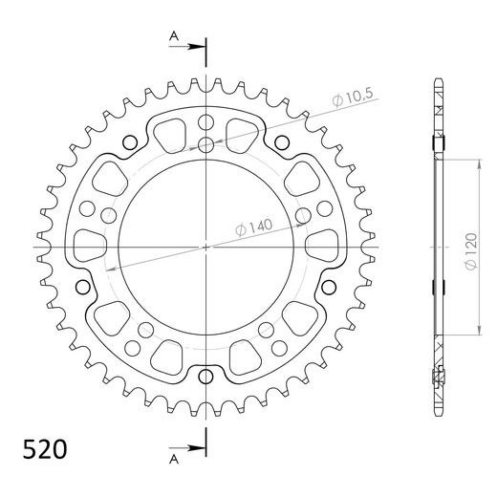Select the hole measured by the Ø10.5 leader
pos(206,145)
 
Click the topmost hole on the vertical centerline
pos(206,122)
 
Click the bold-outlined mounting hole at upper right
pos(279,144)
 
